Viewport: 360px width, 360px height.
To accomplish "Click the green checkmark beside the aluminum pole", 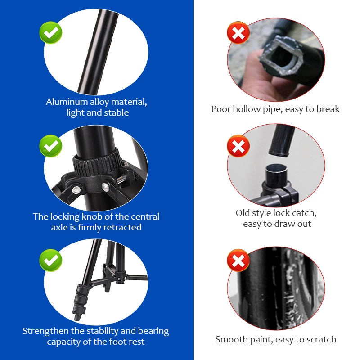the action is (x=51, y=32).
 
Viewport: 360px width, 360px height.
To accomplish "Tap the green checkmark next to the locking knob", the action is (x=51, y=146).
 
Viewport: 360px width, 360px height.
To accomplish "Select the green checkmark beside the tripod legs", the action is (x=51, y=260).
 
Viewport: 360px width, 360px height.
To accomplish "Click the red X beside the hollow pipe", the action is (x=238, y=32).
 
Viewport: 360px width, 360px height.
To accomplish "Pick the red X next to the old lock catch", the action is (x=238, y=146).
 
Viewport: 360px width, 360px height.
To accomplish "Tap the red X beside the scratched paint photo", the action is (x=238, y=260).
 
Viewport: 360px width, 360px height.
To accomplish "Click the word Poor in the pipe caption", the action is (x=221, y=109).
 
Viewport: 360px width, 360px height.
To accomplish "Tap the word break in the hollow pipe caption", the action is (x=328, y=109).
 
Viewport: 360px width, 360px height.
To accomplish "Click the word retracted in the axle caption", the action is (x=122, y=228).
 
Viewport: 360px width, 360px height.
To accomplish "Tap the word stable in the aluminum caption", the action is (x=117, y=113).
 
